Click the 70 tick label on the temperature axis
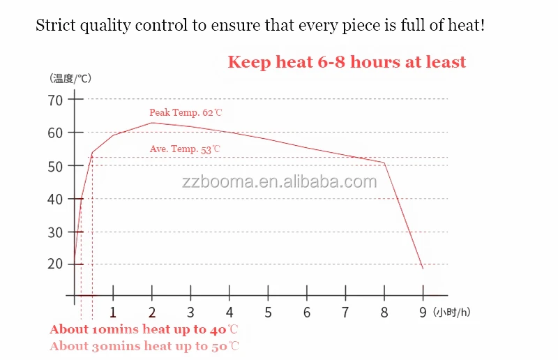(x=55, y=100)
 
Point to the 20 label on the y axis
(x=55, y=264)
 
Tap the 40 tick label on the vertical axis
(x=55, y=200)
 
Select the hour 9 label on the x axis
(x=422, y=313)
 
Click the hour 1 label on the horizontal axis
(x=113, y=313)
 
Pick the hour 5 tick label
(x=268, y=313)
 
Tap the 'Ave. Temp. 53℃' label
(x=185, y=149)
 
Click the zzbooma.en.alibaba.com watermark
(x=279, y=183)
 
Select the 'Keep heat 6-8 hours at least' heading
(x=347, y=62)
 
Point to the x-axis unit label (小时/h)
(x=451, y=313)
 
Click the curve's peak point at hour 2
(x=152, y=123)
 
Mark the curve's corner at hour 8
(x=384, y=163)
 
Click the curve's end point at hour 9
(x=423, y=269)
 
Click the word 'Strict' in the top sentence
(x=54, y=26)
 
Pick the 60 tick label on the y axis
(x=55, y=133)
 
